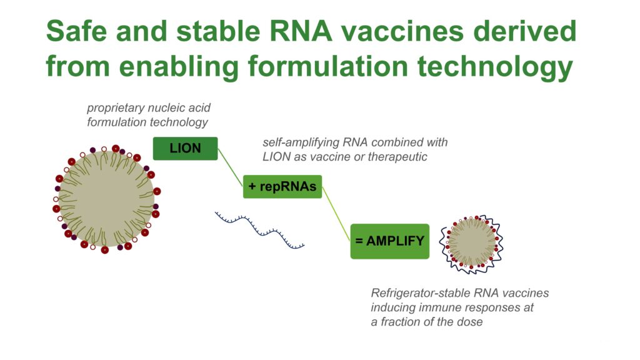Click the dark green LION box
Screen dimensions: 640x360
185,148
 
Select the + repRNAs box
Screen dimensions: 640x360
282,186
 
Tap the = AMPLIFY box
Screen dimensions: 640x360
390,241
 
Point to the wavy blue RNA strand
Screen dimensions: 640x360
260,231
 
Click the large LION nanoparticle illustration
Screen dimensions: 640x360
106,199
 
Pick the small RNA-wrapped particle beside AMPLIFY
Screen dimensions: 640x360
471,244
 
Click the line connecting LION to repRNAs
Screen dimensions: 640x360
230,167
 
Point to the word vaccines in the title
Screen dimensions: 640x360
402,31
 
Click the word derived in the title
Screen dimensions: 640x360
524,31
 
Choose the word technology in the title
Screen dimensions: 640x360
495,67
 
